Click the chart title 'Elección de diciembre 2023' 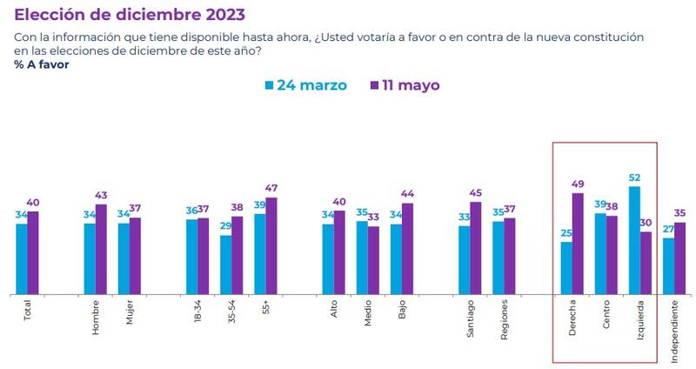pos(129,15)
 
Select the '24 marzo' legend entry pos(305,85)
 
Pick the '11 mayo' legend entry pos(405,85)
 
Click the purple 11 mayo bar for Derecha pos(578,243)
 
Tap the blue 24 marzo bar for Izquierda pos(634,240)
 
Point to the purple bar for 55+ pos(271,246)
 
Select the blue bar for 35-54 pos(226,265)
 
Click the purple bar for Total pos(33,252)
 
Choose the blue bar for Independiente pos(668,265)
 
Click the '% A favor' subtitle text pos(43,65)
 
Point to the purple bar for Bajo pos(407,249)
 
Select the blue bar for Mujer pos(124,258)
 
